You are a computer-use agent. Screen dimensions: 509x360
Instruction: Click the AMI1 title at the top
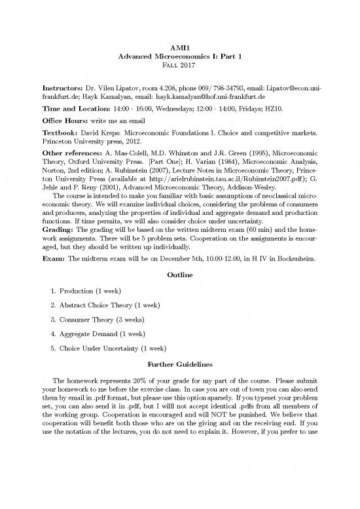point(179,48)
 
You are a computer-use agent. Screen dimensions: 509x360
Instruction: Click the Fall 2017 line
point(179,67)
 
